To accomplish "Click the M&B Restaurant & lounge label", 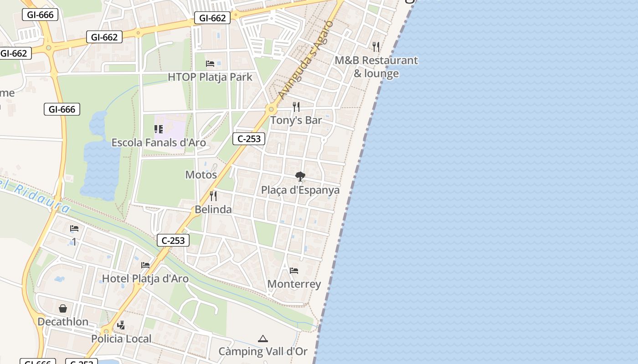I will click(376, 67).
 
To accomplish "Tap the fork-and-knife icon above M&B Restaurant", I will click(376, 46).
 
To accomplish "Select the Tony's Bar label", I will click(296, 121).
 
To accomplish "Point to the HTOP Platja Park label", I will click(210, 77).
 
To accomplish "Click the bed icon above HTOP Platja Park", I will click(210, 63).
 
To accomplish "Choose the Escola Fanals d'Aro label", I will click(159, 143).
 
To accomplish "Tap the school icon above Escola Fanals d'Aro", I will click(159, 130).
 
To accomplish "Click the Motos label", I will click(201, 175).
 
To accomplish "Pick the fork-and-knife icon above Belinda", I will click(213, 196).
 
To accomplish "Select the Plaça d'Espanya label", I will click(300, 190).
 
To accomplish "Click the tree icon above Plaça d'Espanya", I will click(300, 176).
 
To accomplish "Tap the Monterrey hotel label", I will click(294, 284).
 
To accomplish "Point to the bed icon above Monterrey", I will click(294, 271).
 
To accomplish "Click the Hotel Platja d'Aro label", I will click(145, 278).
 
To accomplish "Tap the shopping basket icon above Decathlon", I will click(63, 308).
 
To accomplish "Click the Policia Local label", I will click(121, 339).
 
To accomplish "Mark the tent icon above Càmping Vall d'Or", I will click(262, 339).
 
